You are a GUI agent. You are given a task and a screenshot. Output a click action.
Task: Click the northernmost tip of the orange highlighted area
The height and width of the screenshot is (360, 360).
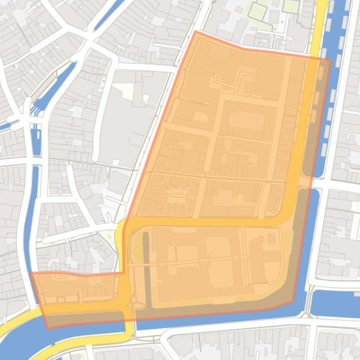[196, 31]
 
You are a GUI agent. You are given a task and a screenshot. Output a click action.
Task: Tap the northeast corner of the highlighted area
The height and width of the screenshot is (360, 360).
[330, 59]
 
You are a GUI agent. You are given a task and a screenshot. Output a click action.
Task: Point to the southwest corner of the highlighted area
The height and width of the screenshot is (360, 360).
[48, 328]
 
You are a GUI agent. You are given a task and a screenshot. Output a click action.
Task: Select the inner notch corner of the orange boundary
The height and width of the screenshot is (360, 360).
[124, 273]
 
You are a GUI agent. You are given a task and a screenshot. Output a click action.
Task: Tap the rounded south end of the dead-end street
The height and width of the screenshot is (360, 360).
[96, 157]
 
